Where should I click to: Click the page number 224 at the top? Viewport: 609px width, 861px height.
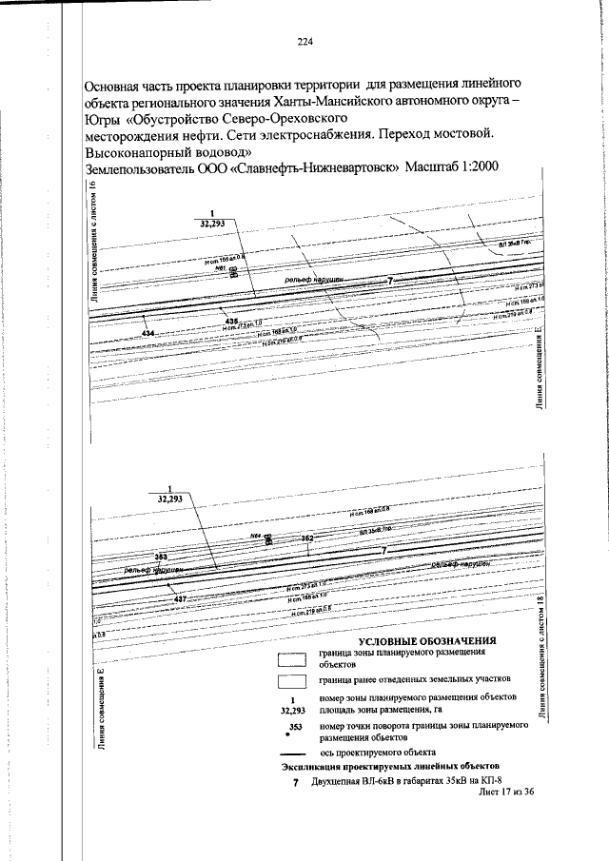[304, 41]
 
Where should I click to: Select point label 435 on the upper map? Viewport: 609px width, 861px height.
[230, 322]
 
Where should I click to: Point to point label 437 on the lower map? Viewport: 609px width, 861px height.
[180, 586]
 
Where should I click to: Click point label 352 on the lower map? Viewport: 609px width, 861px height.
[307, 538]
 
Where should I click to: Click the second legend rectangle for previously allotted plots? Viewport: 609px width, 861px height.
[292, 681]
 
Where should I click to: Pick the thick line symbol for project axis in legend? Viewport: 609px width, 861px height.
[292, 752]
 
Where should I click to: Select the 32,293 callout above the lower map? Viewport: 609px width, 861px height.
[170, 497]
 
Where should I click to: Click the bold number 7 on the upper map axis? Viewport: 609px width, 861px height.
[388, 282]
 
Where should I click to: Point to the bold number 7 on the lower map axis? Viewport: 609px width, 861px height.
[383, 551]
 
